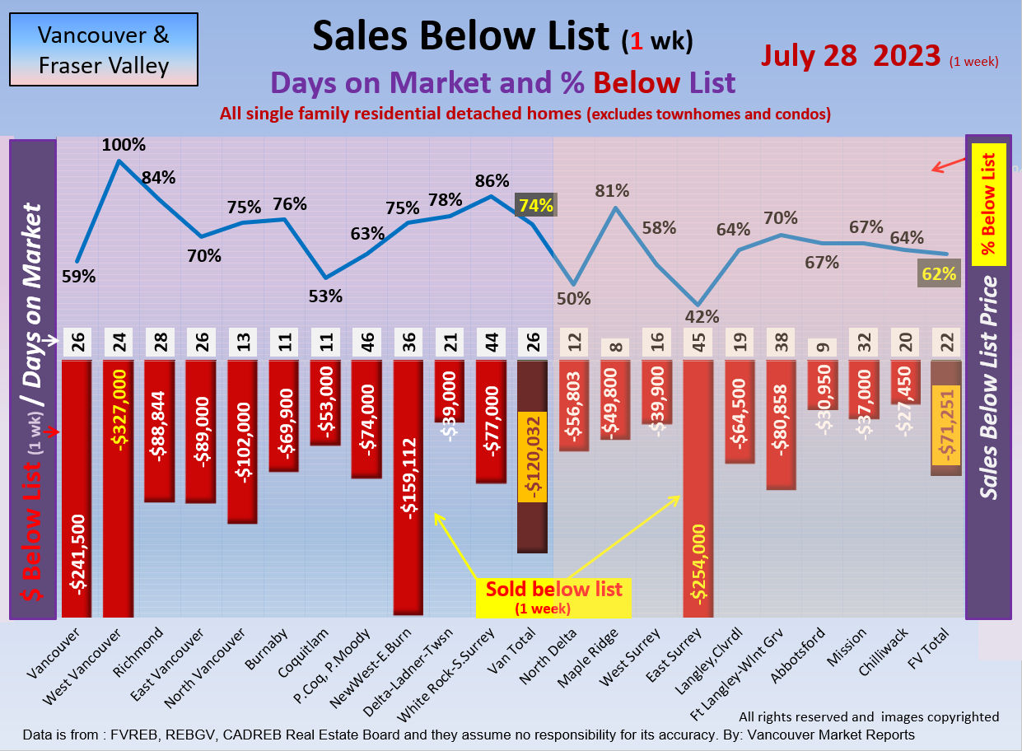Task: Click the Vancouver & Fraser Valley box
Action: (x=104, y=49)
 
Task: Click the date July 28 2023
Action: (x=851, y=55)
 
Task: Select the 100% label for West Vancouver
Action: (x=124, y=146)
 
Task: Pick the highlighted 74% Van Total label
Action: (x=535, y=205)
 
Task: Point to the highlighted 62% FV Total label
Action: (x=939, y=274)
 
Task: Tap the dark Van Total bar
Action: (x=532, y=456)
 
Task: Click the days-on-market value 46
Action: (x=366, y=342)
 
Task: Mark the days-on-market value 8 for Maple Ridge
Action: (x=615, y=342)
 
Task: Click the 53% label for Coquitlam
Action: (x=325, y=296)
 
